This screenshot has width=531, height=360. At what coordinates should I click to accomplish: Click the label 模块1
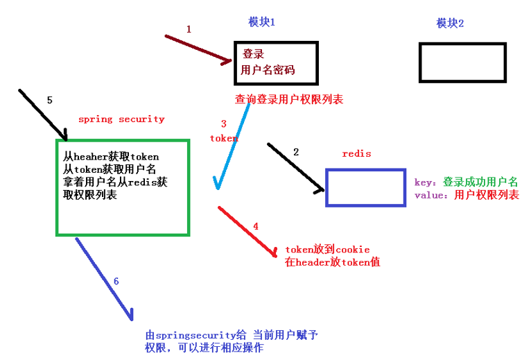(261, 22)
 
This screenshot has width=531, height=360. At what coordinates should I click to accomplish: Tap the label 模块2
(450, 23)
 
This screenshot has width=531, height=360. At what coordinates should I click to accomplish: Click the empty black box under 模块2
(462, 44)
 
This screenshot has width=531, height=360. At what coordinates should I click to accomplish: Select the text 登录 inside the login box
(253, 54)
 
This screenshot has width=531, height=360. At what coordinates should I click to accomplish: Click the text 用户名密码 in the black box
(268, 70)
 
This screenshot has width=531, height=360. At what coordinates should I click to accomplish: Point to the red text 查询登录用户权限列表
(289, 99)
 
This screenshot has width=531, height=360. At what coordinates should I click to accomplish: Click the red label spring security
(121, 119)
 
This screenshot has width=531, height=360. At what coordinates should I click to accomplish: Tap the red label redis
(356, 154)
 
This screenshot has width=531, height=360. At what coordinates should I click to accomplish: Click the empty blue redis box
(366, 169)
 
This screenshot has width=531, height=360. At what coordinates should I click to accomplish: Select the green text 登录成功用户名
(480, 182)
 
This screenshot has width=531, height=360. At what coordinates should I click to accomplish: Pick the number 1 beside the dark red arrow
(189, 30)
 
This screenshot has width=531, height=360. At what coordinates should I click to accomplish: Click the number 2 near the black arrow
(296, 152)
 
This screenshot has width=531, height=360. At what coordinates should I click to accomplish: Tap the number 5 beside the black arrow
(50, 101)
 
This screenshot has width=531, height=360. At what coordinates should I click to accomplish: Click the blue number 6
(116, 282)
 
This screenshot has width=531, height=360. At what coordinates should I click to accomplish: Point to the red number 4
(256, 226)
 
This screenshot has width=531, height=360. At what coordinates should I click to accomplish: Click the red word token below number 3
(224, 138)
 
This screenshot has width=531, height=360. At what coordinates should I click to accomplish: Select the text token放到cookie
(327, 250)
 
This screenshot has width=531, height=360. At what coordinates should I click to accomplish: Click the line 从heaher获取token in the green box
(111, 157)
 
